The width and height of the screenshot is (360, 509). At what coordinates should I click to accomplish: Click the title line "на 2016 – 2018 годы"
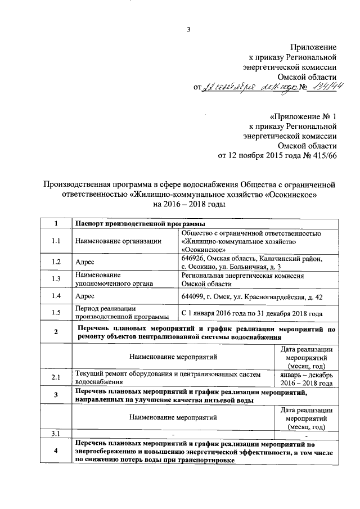point(185,204)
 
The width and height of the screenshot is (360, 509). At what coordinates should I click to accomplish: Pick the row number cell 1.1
point(55,241)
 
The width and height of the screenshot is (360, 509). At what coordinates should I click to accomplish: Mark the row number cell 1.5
point(55,313)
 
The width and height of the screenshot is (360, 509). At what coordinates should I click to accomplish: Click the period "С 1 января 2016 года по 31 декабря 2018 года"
point(251,313)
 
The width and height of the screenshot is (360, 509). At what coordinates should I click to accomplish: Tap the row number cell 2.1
point(55,377)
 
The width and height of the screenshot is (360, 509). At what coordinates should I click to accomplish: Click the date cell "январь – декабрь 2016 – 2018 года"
point(307,378)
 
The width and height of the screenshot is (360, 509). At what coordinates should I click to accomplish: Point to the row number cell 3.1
point(55,433)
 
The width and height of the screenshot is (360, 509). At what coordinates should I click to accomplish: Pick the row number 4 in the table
point(55,452)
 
